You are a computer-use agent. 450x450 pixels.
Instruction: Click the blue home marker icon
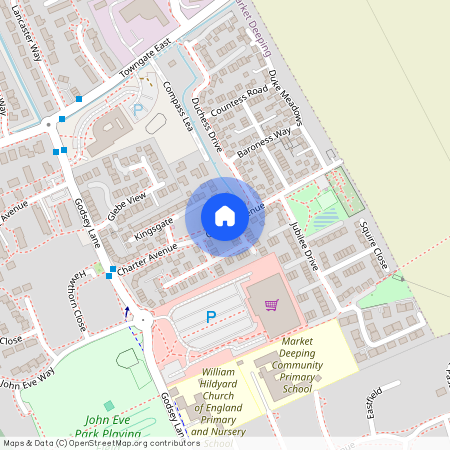pyautogui.click(x=225, y=216)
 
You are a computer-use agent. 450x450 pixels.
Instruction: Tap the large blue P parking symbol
pyautogui.click(x=211, y=317)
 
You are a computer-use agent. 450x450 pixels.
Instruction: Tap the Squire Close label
pyautogui.click(x=373, y=246)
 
